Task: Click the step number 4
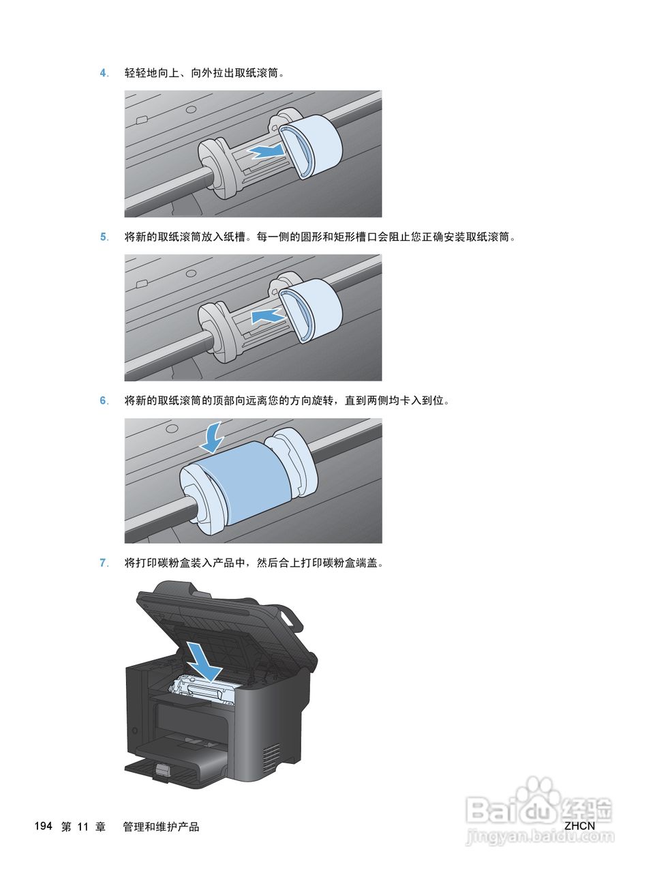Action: (x=104, y=73)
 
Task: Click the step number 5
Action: (x=104, y=237)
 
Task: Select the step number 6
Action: (x=104, y=401)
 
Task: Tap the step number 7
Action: (x=104, y=563)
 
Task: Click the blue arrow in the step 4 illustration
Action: (x=266, y=151)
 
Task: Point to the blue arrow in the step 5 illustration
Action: (x=267, y=315)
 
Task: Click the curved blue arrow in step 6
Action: (x=214, y=436)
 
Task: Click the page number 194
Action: (x=43, y=827)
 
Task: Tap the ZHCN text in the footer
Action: (x=579, y=826)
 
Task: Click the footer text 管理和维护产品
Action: (x=161, y=827)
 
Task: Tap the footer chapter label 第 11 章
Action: (x=83, y=827)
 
